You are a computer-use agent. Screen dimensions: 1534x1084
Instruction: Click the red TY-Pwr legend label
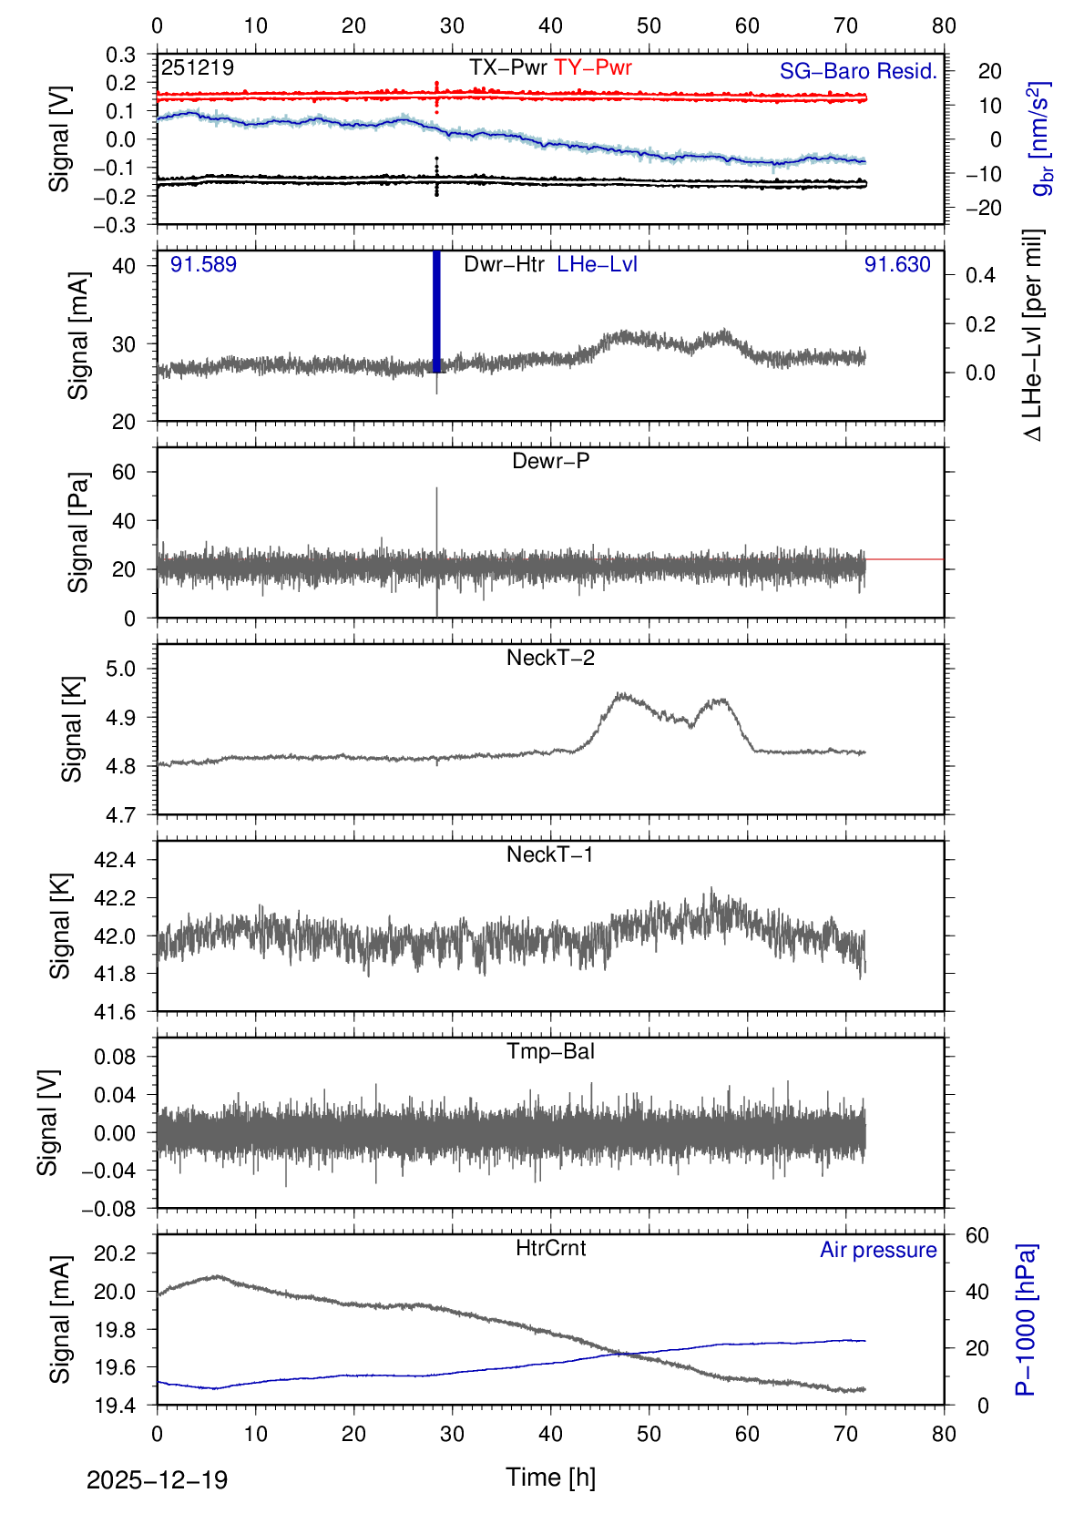coord(592,67)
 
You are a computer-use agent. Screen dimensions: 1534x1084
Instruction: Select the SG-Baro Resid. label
coord(858,71)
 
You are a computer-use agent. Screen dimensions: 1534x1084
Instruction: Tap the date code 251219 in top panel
coord(198,67)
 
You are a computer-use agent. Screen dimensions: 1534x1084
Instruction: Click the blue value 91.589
coord(203,265)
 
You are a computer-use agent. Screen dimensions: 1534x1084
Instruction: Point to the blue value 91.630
coord(897,265)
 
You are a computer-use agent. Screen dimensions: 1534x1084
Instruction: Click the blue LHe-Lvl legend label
coord(597,264)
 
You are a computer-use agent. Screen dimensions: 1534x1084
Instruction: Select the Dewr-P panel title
coord(550,461)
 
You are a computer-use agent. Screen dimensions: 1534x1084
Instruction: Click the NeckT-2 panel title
coord(550,658)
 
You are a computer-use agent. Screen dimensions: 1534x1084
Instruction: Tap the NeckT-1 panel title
coord(550,854)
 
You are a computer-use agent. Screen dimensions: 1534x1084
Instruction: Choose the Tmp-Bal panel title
coord(550,1051)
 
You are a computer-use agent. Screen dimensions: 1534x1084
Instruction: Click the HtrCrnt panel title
coord(550,1248)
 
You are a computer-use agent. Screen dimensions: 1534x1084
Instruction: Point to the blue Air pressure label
coord(878,1250)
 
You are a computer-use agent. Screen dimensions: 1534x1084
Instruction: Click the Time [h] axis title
coord(550,1477)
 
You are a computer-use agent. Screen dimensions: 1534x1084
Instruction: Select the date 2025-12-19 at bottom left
coord(157,1479)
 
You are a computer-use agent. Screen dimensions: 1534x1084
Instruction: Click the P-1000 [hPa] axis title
coord(1026,1319)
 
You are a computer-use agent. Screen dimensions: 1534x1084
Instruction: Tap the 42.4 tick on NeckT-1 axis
coord(114,860)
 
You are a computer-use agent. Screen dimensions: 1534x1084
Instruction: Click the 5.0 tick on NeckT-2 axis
coord(121,669)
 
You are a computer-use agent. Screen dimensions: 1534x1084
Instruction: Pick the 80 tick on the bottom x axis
coord(944,1434)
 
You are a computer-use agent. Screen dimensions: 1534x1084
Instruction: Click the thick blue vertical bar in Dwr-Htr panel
coord(436,312)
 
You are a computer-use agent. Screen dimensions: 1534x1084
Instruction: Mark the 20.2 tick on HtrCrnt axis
coord(114,1253)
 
